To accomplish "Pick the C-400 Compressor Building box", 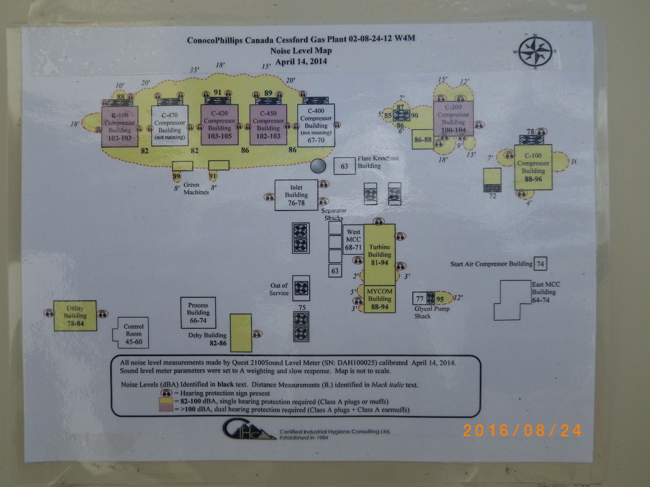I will tap(316, 125).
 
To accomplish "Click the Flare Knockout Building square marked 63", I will tap(344, 166).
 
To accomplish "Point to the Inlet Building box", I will tap(296, 195).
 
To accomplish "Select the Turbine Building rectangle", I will tap(379, 254).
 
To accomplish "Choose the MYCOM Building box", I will tap(379, 299).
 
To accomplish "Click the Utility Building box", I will tap(75, 316).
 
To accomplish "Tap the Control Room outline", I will tap(133, 333).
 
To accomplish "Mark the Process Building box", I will tap(198, 312).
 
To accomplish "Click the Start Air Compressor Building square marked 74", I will tap(540, 264).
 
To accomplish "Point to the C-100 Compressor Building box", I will tap(533, 167).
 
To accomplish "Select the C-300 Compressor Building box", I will tap(453, 118).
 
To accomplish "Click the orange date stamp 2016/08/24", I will tap(522, 431).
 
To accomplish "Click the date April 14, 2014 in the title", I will tap(301, 62).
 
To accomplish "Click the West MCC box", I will tap(353, 239).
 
